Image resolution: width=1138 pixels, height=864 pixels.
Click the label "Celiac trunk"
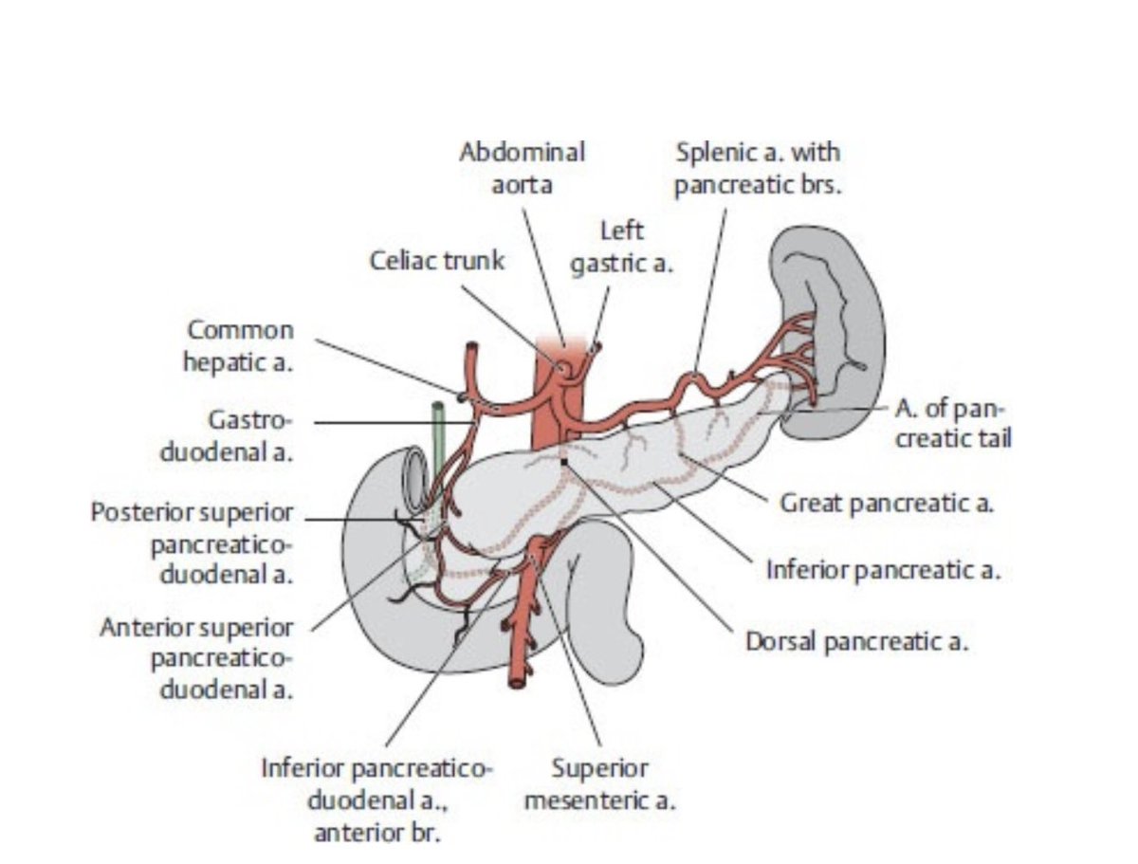tap(436, 261)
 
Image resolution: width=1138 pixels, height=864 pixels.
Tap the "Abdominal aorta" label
tap(523, 169)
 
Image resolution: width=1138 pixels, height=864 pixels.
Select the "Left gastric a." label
tap(621, 248)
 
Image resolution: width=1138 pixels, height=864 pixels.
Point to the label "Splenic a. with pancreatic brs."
tap(758, 169)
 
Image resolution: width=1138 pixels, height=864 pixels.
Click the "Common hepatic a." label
tap(239, 346)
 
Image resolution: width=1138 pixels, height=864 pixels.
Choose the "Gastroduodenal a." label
tap(227, 436)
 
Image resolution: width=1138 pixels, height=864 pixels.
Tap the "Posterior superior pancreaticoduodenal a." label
tap(193, 543)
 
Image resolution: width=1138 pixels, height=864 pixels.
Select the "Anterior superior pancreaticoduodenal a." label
tap(197, 658)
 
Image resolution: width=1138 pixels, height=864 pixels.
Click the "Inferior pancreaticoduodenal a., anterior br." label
tap(376, 800)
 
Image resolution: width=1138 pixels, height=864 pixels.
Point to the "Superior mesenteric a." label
tap(600, 784)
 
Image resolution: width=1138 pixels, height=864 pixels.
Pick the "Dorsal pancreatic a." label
tap(856, 642)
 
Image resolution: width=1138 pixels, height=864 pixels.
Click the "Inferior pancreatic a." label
tap(883, 570)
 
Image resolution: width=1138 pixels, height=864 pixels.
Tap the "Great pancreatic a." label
tap(887, 503)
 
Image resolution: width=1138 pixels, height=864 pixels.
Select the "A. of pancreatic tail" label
tap(953, 424)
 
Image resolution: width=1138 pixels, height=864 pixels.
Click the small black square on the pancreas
tap(564, 461)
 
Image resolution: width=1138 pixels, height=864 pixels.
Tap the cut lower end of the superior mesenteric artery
tap(517, 684)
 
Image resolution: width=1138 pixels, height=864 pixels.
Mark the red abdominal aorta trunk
tap(559, 394)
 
